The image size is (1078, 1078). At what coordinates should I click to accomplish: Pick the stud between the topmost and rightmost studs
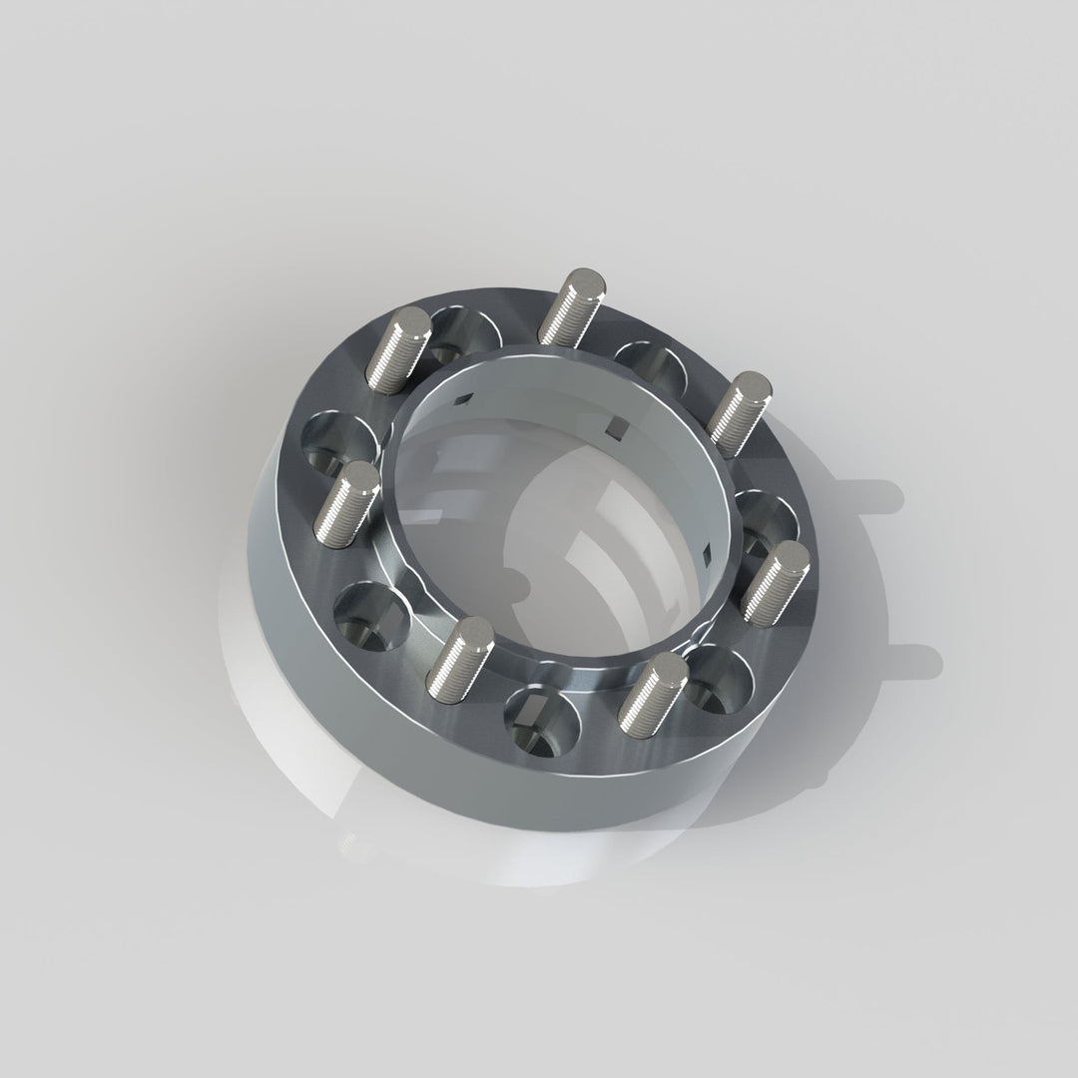pos(739,413)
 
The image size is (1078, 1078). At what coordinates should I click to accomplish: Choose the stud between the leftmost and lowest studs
pos(459,659)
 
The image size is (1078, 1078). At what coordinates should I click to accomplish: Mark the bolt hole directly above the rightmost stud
pos(767,519)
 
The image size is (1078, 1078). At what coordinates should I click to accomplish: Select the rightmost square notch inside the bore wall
pos(708,555)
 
